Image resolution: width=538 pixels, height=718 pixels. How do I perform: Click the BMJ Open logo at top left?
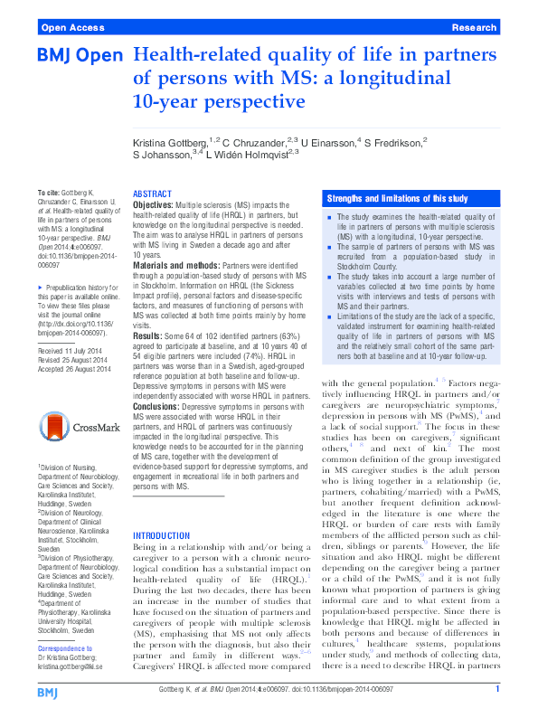coord(80,56)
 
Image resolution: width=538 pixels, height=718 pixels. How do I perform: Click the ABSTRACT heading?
coord(152,194)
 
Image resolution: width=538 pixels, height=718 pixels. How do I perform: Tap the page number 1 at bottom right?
coord(497,691)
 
